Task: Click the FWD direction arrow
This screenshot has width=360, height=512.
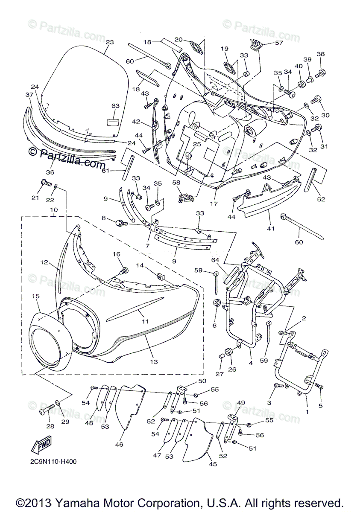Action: [x=41, y=445]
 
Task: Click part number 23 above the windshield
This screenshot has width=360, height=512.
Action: [x=110, y=42]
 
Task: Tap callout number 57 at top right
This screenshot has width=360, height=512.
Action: [x=279, y=43]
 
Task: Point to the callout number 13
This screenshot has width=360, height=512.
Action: [x=154, y=362]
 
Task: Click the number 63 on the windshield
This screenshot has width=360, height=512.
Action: [x=116, y=105]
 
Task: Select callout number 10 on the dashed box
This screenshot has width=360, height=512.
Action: [x=54, y=210]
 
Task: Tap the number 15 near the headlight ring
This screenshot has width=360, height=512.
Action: [x=35, y=296]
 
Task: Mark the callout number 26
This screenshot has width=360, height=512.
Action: [x=232, y=369]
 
